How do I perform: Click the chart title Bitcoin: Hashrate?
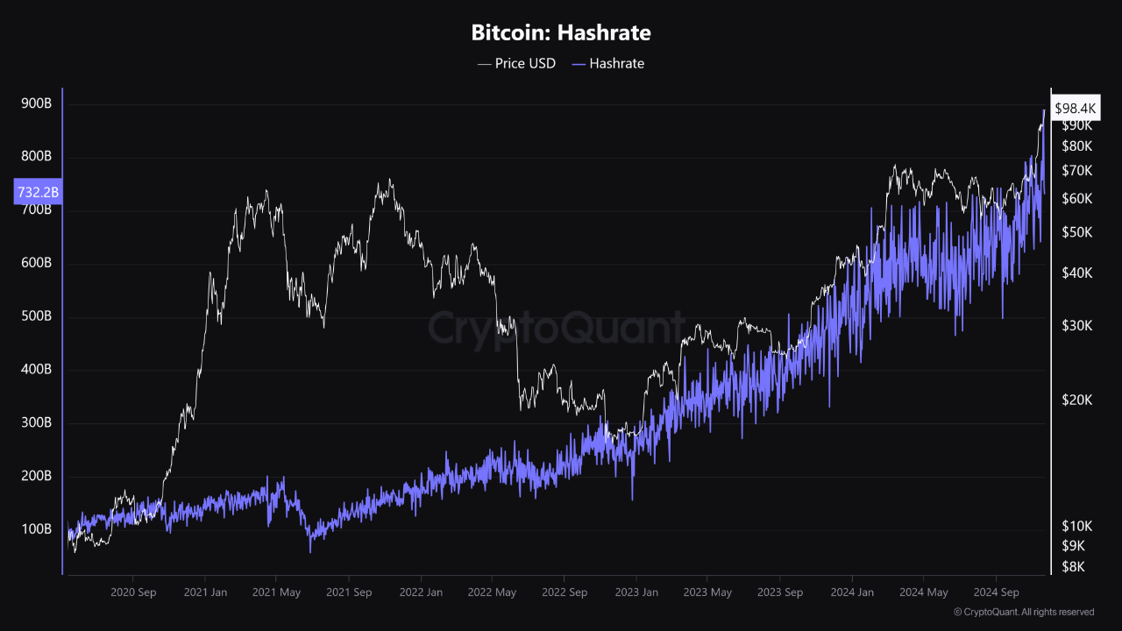561,33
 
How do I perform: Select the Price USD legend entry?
516,63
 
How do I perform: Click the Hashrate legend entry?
607,63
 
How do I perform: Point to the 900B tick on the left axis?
35,103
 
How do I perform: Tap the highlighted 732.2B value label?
38,191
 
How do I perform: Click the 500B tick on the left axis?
35,316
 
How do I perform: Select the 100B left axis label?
35,529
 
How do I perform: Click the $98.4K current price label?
1076,109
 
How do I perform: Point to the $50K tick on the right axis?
1076,232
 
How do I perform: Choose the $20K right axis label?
1076,400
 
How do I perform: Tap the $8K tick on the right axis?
1073,567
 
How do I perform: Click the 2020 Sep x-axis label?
133,592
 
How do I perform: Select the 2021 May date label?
276,592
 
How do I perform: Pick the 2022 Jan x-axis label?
420,592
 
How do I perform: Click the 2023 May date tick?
707,592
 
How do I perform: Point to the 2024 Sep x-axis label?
995,592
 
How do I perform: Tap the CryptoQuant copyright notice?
1023,612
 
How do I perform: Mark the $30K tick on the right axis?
1076,325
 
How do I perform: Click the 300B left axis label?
35,423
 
